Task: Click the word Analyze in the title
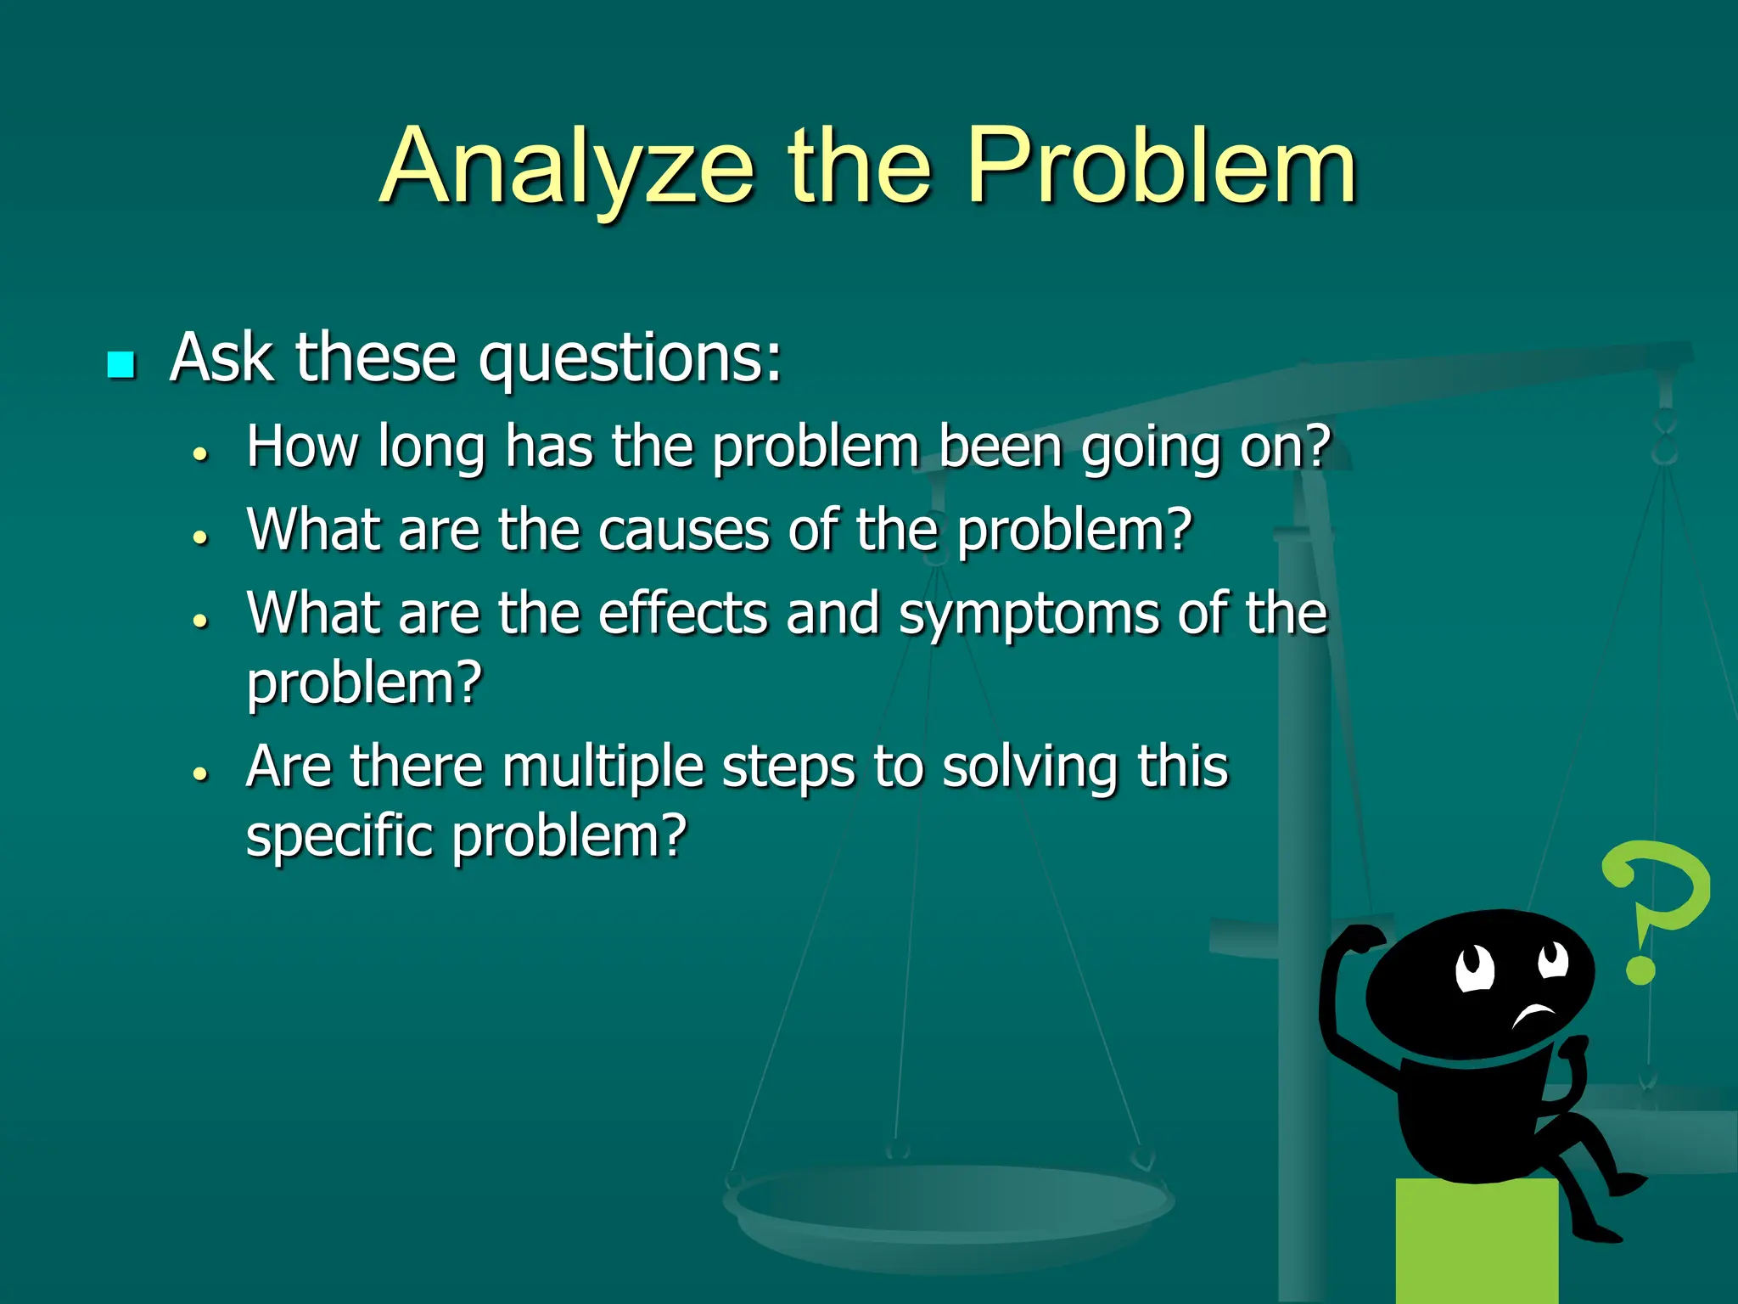coord(567,167)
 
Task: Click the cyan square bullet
coord(121,365)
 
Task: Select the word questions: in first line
coord(630,359)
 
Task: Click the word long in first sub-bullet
coord(431,447)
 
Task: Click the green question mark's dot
coord(1640,970)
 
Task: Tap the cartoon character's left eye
coord(1475,967)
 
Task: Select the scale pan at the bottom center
coord(948,1206)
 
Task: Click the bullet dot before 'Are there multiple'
coord(200,773)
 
